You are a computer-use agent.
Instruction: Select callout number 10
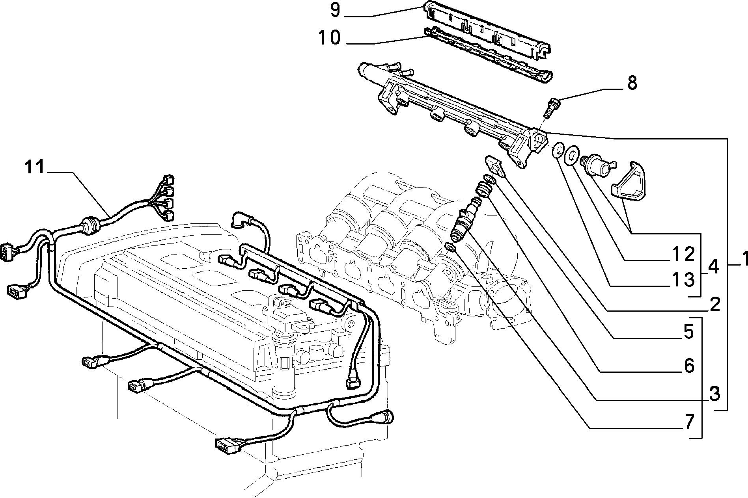[329, 38]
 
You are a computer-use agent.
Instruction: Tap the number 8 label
[632, 83]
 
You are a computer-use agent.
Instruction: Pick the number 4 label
[713, 267]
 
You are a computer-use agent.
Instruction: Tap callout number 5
[688, 332]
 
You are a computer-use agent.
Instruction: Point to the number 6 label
[688, 366]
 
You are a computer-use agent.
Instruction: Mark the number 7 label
[688, 422]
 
